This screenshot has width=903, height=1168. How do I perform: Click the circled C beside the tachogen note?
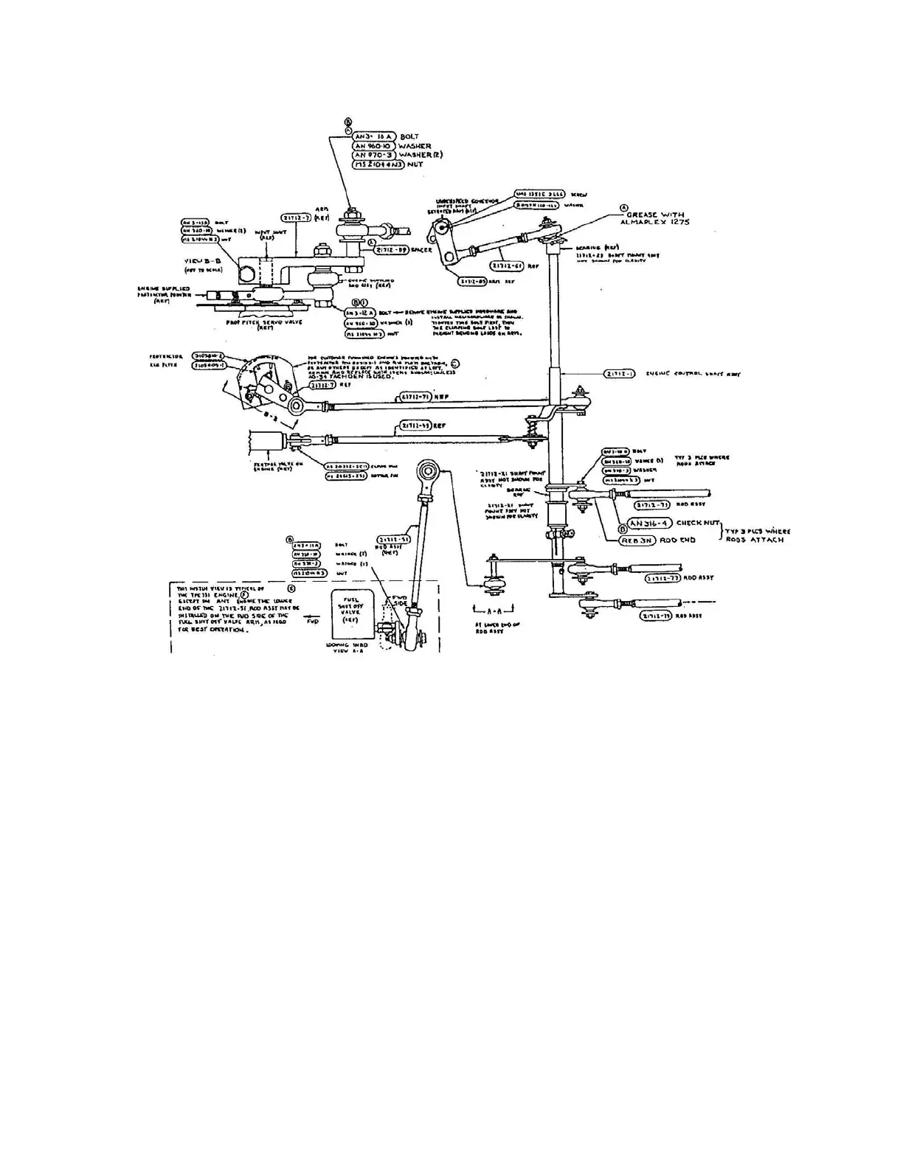point(454,364)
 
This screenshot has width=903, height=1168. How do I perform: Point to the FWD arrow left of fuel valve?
point(314,621)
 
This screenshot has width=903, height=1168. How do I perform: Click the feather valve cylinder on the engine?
point(270,445)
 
